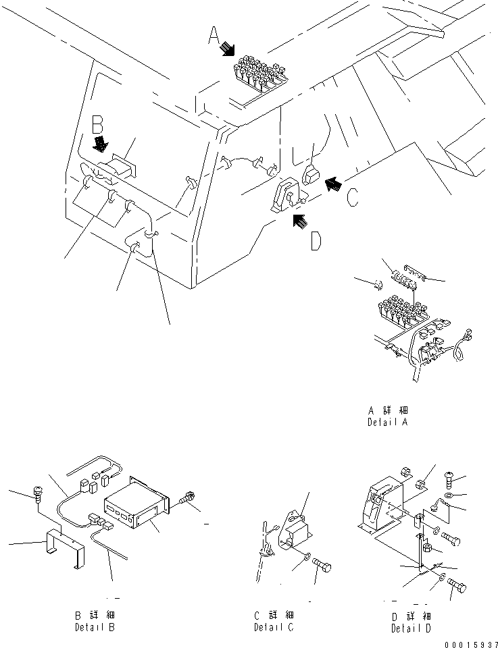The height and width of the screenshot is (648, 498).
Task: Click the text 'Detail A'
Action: [387, 423]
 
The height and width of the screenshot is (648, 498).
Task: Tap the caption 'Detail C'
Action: [274, 627]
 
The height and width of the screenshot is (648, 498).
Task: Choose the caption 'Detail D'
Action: [412, 628]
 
